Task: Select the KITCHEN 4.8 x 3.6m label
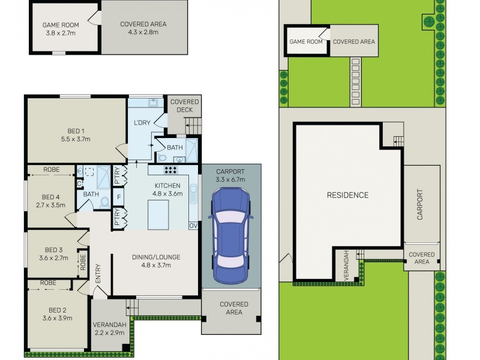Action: [x=167, y=190]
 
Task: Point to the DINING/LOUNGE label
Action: [x=156, y=261]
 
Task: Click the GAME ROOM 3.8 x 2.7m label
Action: [x=58, y=28]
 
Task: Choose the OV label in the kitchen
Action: [x=193, y=226]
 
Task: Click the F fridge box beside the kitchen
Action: [x=119, y=197]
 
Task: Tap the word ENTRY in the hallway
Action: [x=98, y=274]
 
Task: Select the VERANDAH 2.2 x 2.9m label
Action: [x=109, y=329]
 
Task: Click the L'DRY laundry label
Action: [x=142, y=123]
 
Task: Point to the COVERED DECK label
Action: [x=184, y=106]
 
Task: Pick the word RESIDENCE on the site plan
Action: [x=347, y=195]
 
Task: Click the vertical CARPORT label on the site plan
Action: [x=420, y=205]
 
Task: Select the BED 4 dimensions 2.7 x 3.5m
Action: [x=50, y=205]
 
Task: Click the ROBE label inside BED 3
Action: [x=83, y=262]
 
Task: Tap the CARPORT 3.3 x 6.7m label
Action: [x=231, y=175]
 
